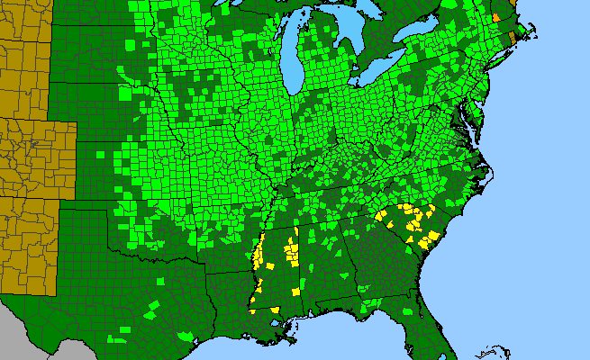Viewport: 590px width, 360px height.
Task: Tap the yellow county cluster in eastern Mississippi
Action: point(290,247)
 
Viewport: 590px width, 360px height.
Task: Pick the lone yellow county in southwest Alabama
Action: point(296,292)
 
